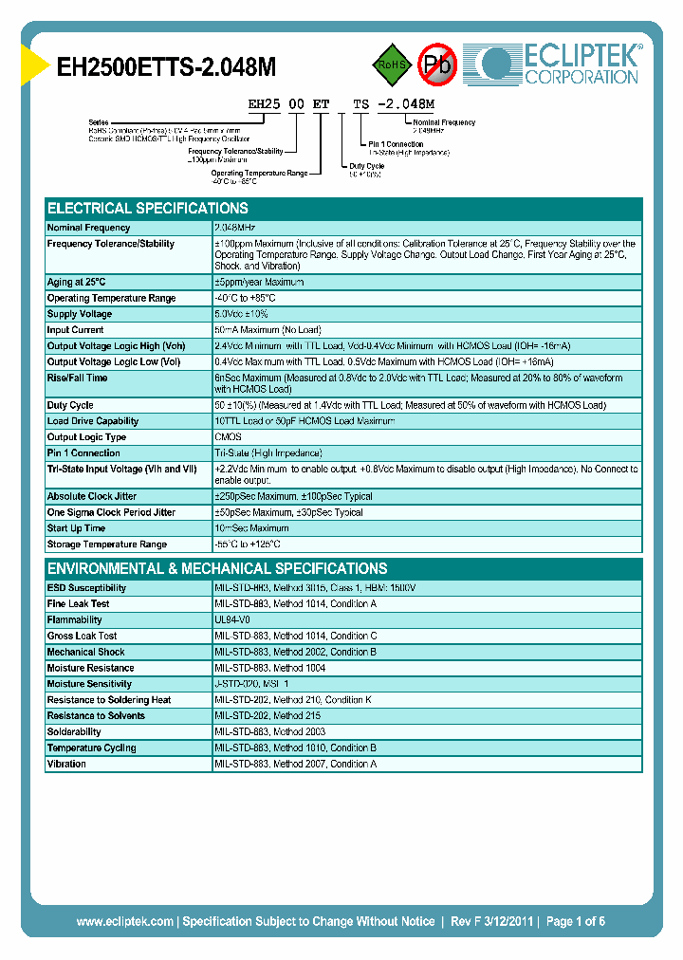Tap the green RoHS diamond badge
tap(390, 65)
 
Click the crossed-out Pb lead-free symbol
tap(438, 65)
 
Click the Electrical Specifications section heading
tap(148, 209)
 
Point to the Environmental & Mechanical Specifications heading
tap(217, 569)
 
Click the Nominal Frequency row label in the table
tap(89, 228)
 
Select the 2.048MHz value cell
tap(235, 228)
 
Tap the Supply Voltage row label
tap(80, 314)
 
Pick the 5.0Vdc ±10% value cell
tap(242, 314)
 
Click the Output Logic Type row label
tap(86, 437)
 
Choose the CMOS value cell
tap(229, 437)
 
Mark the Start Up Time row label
tap(76, 528)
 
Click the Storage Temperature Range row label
tap(107, 545)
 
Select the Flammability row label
tap(75, 620)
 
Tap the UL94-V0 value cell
tap(232, 620)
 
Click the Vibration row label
tap(66, 765)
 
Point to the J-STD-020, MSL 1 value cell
tap(252, 684)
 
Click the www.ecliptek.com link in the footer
tap(124, 921)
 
